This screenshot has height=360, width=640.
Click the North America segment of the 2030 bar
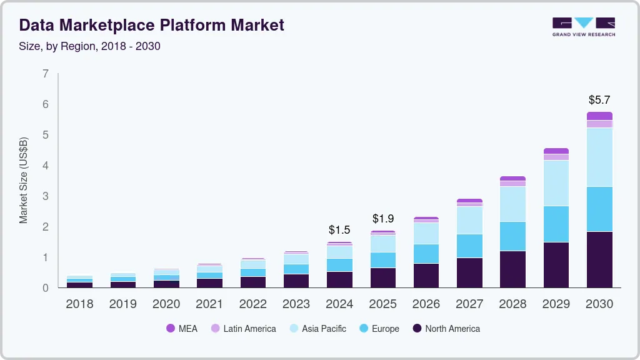(x=599, y=259)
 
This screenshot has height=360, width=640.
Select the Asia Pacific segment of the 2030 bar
(x=599, y=157)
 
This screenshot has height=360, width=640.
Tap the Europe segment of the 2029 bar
(x=556, y=224)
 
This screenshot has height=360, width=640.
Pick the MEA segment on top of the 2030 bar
(x=599, y=116)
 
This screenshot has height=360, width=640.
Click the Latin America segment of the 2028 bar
(x=512, y=184)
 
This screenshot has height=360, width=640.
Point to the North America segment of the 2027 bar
(x=469, y=272)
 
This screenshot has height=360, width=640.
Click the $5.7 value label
(x=599, y=100)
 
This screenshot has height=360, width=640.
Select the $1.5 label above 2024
(x=339, y=230)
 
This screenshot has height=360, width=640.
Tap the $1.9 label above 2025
(x=383, y=219)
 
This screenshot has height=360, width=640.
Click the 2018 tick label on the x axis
(x=79, y=304)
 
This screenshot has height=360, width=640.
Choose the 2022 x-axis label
(x=253, y=304)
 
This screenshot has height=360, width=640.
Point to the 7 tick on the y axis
(x=46, y=74)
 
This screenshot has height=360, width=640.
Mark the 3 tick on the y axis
(x=46, y=196)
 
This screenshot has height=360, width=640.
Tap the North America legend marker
(x=416, y=328)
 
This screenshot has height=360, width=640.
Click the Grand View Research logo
(x=583, y=27)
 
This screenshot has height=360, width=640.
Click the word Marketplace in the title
(x=124, y=25)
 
